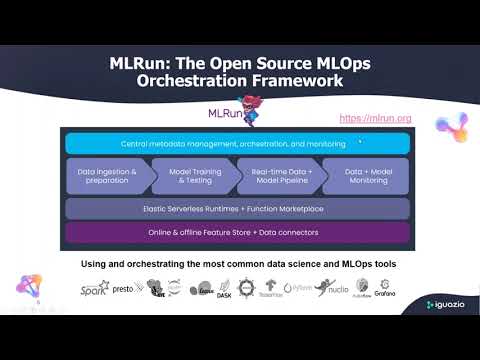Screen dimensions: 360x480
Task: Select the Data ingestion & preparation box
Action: (106, 177)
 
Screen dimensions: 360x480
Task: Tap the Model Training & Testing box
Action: (190, 177)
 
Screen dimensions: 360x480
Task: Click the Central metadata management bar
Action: (238, 144)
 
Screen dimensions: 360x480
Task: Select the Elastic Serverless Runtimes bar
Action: (238, 209)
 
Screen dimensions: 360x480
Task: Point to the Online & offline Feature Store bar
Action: (238, 234)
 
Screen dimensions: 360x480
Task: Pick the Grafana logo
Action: (385, 290)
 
